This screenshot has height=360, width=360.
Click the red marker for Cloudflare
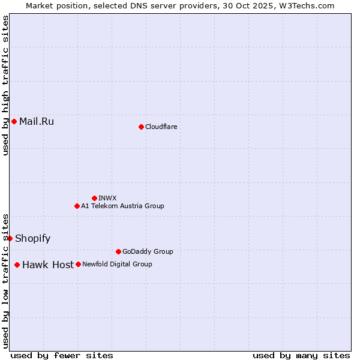tap(141, 127)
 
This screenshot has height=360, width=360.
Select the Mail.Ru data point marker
tap(14, 122)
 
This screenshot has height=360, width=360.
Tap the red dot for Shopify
tap(10, 238)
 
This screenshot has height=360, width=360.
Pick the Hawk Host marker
tap(17, 265)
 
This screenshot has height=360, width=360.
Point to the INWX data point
tap(94, 198)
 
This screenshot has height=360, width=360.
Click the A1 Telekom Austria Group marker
tap(77, 206)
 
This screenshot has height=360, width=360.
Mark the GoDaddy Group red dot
tap(118, 251)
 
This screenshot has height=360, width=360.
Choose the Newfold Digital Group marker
tap(78, 264)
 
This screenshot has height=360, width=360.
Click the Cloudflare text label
tap(161, 127)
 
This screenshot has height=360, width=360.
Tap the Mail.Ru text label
tap(37, 122)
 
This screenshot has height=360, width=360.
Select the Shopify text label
tap(32, 238)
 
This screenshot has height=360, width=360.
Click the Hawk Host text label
tap(48, 265)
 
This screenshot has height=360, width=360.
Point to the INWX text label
tap(107, 198)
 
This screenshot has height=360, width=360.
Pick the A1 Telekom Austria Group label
tap(122, 206)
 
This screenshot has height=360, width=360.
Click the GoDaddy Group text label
tap(148, 251)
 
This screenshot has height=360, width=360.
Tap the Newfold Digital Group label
tap(117, 264)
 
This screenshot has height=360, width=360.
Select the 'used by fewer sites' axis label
tap(62, 355)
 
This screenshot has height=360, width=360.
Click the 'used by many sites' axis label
tap(301, 355)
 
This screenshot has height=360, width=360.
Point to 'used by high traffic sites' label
tap(5, 85)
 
